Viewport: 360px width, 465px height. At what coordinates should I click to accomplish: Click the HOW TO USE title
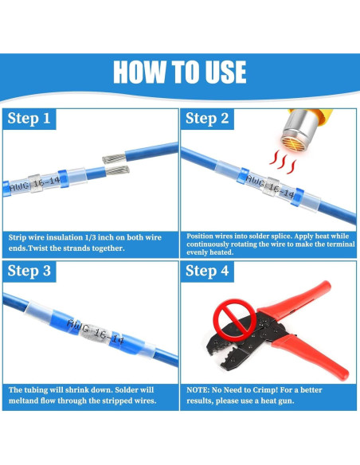tap(180, 72)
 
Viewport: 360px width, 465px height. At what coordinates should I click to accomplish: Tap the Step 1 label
tap(29, 119)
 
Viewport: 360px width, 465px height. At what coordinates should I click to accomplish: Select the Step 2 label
tap(207, 119)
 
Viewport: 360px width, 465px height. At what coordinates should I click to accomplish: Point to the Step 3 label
tap(29, 271)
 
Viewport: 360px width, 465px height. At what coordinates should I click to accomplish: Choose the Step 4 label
tap(207, 271)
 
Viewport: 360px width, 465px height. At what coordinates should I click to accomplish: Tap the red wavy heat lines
tap(283, 162)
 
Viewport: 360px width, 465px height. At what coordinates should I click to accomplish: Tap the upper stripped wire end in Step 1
tap(114, 158)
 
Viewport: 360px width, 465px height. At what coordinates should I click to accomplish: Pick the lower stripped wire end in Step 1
tap(117, 170)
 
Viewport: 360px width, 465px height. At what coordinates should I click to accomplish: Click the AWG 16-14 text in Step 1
tap(34, 185)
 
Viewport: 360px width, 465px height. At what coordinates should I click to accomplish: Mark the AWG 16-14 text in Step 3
tap(95, 331)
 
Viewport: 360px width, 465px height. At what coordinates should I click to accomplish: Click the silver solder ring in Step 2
tap(271, 186)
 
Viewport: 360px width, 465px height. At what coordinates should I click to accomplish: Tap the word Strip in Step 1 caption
tap(16, 238)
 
